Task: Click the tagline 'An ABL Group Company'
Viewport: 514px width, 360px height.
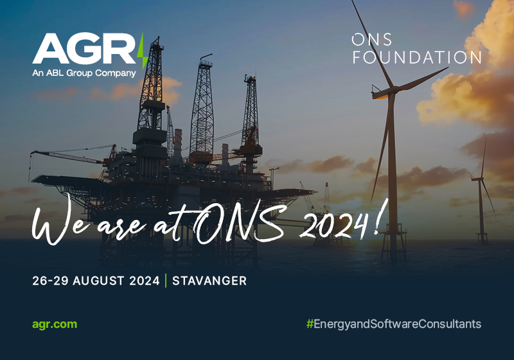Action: tap(84, 73)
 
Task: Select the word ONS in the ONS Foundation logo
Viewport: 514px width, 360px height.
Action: tap(371, 40)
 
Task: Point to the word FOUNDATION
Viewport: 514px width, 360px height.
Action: tap(416, 57)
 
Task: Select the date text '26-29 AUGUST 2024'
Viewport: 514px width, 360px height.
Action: tap(96, 281)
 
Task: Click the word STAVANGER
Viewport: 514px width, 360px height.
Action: tap(209, 281)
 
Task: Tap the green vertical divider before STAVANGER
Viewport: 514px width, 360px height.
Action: tap(166, 281)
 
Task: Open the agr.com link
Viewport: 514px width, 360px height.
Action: tap(55, 323)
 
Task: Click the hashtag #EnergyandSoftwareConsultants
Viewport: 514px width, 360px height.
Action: tap(393, 323)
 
